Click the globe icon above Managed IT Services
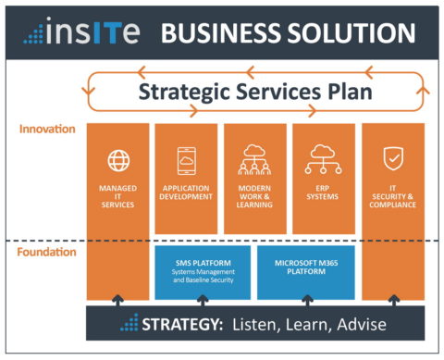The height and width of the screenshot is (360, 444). point(118,161)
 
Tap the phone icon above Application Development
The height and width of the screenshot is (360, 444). point(186,159)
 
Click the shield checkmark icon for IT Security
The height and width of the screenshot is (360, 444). point(392,161)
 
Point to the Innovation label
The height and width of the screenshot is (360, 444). point(46,129)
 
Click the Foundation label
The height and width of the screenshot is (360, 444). point(45,252)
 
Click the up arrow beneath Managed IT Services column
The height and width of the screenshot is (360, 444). point(118,302)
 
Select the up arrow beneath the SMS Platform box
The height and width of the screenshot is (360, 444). point(201,302)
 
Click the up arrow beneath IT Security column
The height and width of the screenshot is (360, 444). point(392,302)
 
